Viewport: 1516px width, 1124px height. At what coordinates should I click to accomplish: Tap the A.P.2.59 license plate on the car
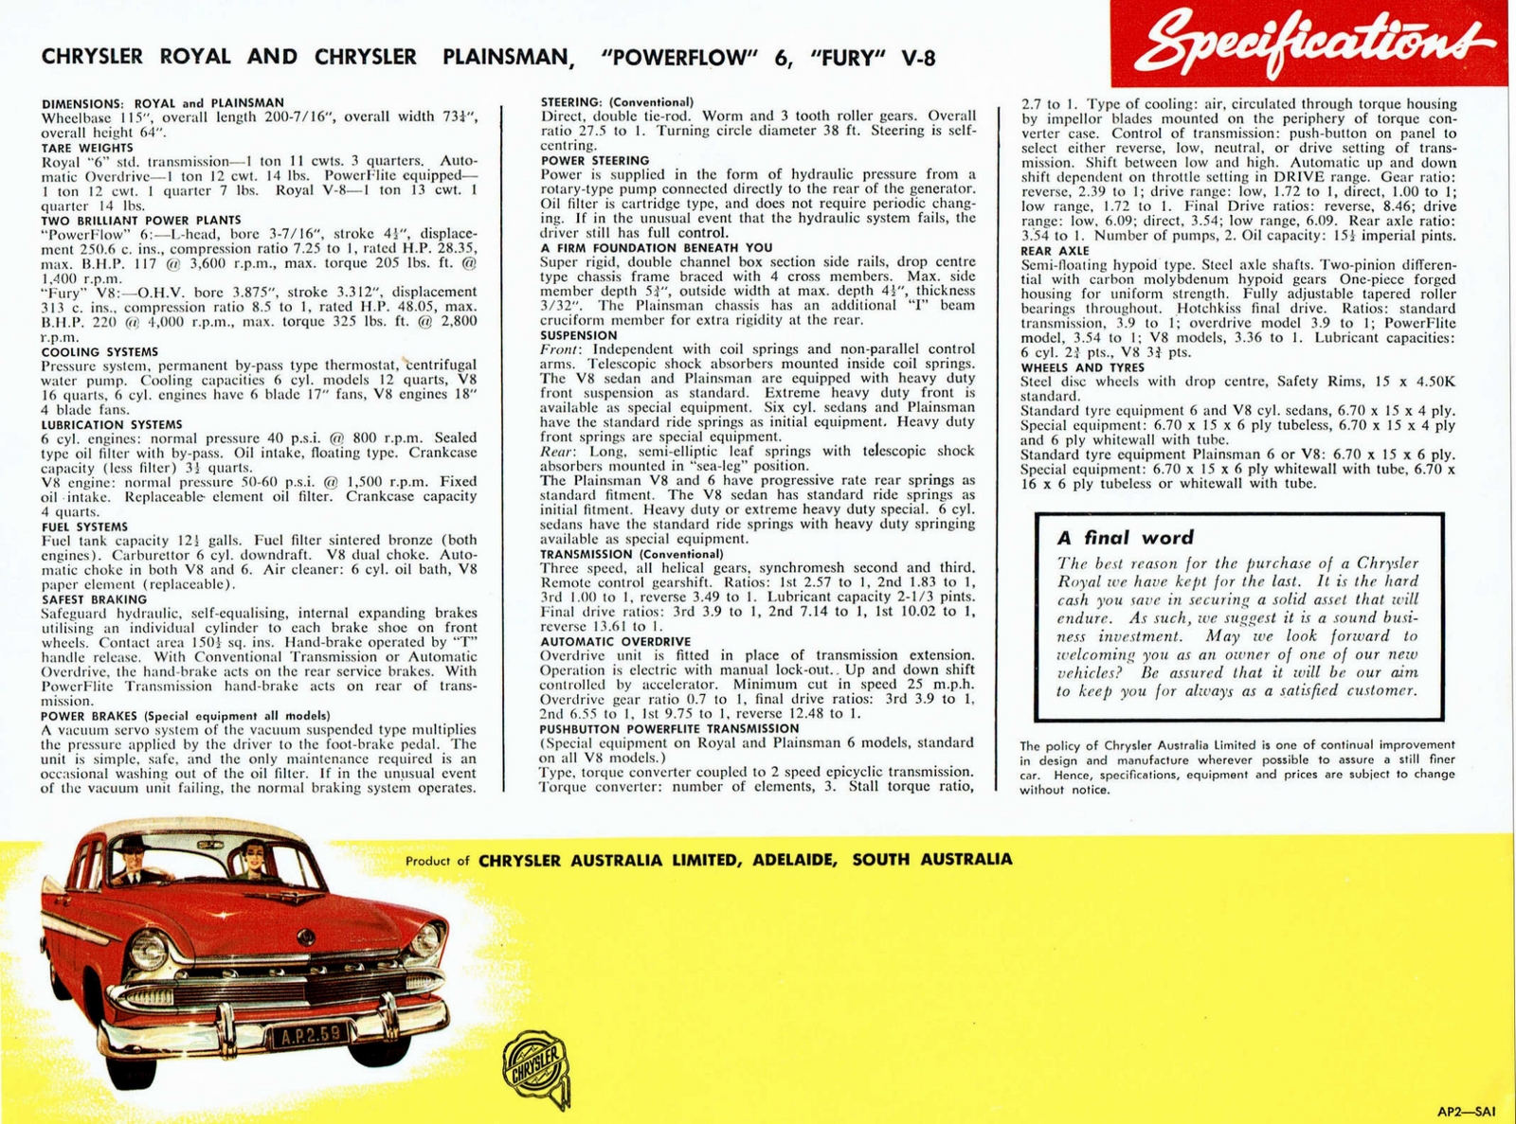pos(307,1035)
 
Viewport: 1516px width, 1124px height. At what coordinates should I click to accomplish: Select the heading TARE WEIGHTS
pos(87,148)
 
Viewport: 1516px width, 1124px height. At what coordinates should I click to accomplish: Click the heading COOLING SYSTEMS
pos(99,351)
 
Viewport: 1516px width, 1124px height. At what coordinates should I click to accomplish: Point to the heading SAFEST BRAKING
pos(94,599)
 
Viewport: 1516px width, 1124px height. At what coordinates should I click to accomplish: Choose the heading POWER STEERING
pos(595,160)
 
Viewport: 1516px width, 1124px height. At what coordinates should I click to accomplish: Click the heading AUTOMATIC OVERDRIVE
pos(615,641)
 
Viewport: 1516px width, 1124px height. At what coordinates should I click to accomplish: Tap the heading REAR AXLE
pos(1055,250)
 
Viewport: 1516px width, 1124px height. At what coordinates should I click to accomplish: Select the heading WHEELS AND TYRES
pos(1082,367)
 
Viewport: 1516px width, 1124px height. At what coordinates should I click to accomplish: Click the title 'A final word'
pos(1125,538)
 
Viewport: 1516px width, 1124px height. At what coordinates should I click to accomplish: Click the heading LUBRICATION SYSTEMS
pos(112,424)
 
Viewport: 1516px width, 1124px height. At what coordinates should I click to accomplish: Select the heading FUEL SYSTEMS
pos(84,526)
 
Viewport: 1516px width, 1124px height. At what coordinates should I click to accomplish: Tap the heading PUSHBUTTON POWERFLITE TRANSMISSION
pos(669,728)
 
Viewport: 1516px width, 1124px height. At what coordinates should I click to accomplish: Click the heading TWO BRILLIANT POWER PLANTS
pos(127,220)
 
